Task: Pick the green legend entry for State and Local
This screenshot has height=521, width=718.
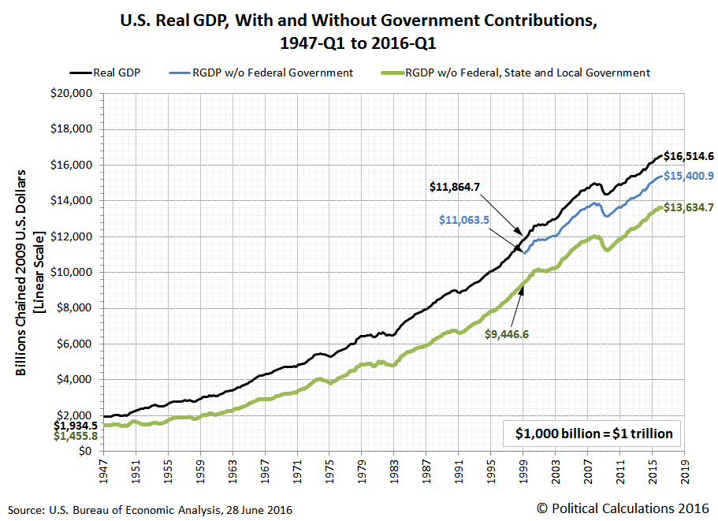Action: pos(526,73)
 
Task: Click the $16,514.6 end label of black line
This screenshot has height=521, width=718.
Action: pos(689,156)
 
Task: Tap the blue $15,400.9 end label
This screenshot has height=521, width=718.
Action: pos(689,177)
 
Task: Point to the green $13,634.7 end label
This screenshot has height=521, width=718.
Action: pos(689,208)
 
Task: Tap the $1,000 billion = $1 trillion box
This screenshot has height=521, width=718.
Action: pos(594,434)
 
